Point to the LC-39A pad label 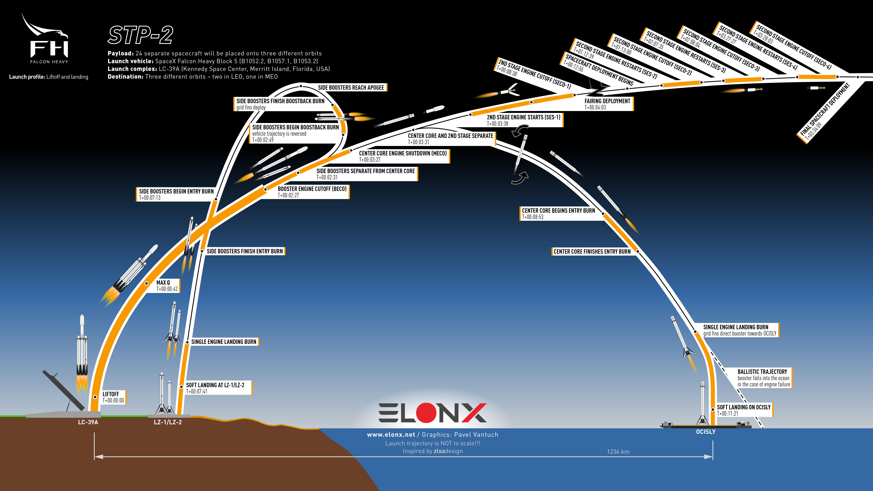pyautogui.click(x=88, y=422)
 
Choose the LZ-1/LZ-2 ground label pyautogui.click(x=168, y=422)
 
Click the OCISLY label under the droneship pyautogui.click(x=706, y=432)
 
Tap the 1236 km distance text pyautogui.click(x=618, y=452)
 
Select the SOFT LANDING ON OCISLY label pyautogui.click(x=744, y=410)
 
